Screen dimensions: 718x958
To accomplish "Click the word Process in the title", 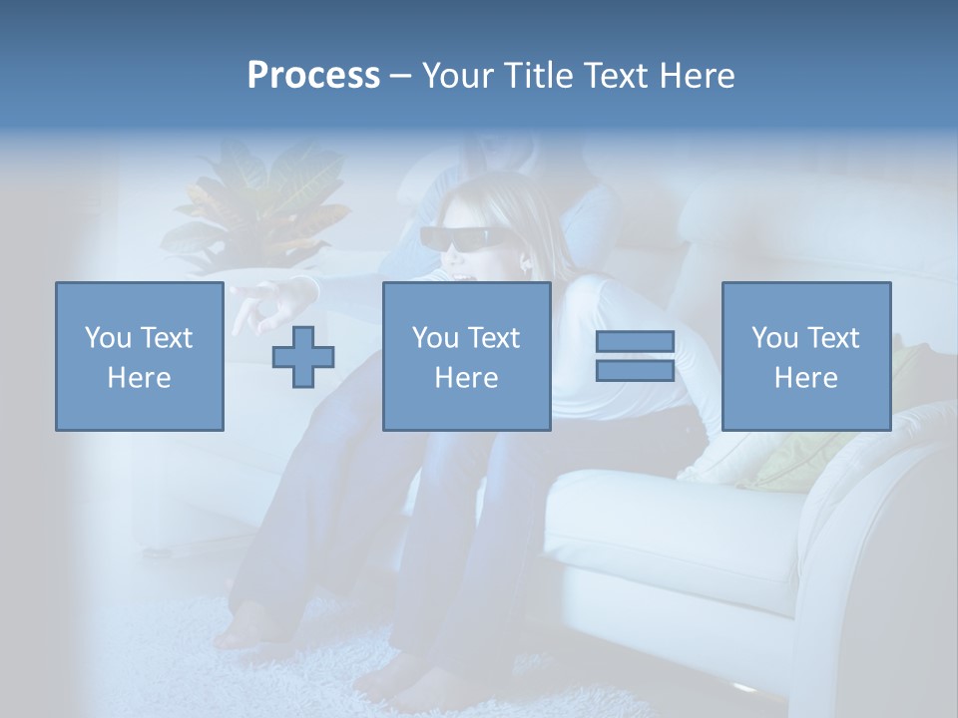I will pyautogui.click(x=313, y=76).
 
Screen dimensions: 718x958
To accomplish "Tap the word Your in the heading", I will pyautogui.click(x=457, y=76).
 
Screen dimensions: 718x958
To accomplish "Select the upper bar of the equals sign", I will pyautogui.click(x=635, y=342).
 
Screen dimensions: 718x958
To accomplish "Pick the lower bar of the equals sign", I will pyautogui.click(x=635, y=370).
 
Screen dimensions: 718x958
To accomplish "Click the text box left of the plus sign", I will pyautogui.click(x=139, y=356).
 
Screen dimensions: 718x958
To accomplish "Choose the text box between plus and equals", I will pyautogui.click(x=466, y=356).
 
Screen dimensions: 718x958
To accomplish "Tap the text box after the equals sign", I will pyautogui.click(x=805, y=356).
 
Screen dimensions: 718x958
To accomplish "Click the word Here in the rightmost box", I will pyautogui.click(x=805, y=378).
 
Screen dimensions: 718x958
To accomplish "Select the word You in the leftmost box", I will pyautogui.click(x=107, y=338).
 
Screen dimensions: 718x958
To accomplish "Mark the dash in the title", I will pyautogui.click(x=400, y=77).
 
